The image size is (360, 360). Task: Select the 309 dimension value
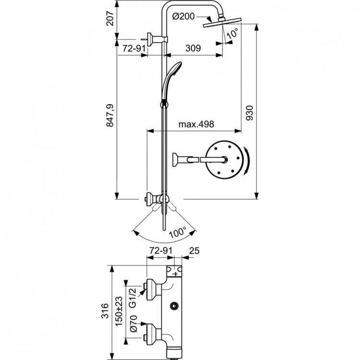tap(192, 48)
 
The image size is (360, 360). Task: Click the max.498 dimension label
tap(196, 124)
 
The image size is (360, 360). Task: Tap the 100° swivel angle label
tap(177, 233)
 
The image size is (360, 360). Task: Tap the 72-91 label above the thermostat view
tap(160, 251)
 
